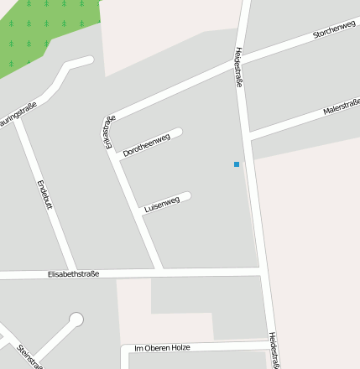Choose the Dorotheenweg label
(x=147, y=145)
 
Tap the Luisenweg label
(x=162, y=204)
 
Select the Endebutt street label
(x=44, y=195)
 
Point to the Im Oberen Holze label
(x=164, y=347)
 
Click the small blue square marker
(x=237, y=164)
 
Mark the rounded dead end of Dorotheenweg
(x=178, y=133)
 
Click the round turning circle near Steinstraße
(x=76, y=320)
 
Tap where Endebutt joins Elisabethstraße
(x=73, y=273)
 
